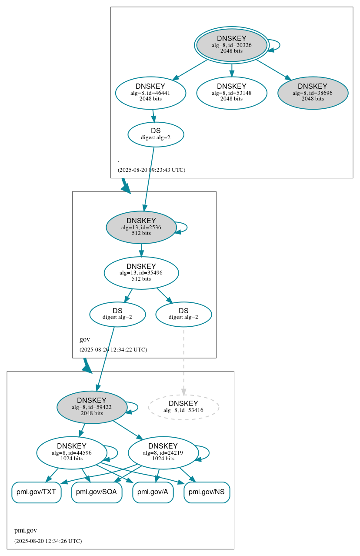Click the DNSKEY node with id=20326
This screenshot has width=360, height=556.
231,45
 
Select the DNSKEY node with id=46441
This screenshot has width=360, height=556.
150,93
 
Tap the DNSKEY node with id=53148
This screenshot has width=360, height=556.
231,93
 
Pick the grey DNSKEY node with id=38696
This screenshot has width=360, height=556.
313,93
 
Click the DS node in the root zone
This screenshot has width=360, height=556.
156,134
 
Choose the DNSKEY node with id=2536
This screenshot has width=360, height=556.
141,227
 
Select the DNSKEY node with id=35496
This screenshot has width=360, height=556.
141,273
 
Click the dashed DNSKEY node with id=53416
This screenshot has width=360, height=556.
183,407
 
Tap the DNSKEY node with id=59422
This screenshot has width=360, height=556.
92,407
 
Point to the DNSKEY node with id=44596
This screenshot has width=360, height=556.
72,452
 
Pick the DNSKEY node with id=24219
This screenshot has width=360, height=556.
163,452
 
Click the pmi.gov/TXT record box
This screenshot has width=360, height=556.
36,492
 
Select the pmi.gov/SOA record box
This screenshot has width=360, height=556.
97,492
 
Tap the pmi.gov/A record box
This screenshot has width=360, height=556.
153,492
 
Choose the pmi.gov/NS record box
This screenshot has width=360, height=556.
207,492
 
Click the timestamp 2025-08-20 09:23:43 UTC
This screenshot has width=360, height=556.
151,170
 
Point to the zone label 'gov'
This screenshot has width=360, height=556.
85,339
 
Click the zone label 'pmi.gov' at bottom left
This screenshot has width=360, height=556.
26,530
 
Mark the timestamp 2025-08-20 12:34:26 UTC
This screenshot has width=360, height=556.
48,541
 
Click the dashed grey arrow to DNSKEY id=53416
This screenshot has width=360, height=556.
183,361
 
